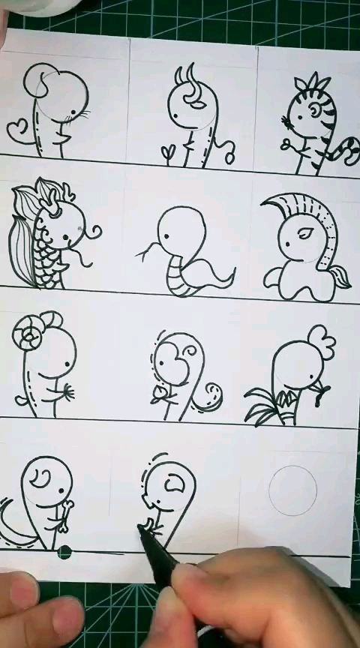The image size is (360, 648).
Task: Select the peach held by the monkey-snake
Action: click(160, 394)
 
